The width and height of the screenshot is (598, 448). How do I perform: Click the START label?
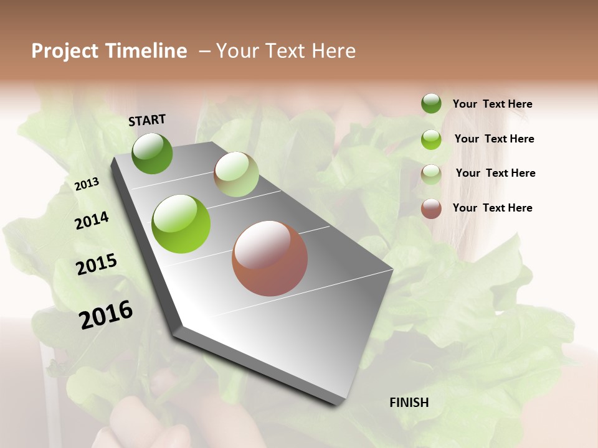[x=147, y=120]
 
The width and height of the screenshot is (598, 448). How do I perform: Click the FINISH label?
[x=409, y=403]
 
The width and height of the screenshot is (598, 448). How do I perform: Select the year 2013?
[x=87, y=184]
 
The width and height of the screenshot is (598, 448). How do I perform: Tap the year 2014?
[x=92, y=221]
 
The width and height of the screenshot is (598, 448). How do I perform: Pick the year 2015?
[x=97, y=264]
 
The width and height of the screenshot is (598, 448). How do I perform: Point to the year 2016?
[x=106, y=315]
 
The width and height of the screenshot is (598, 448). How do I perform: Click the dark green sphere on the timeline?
[x=153, y=153]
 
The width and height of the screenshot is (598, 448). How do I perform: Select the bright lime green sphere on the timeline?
[x=181, y=224]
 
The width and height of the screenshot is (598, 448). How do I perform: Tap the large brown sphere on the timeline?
[x=270, y=258]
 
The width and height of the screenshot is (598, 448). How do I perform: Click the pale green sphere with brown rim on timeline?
[x=236, y=174]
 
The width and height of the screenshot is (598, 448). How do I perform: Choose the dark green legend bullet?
[x=431, y=103]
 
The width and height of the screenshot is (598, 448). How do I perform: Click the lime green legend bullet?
[x=431, y=139]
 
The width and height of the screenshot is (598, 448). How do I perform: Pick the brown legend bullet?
[x=431, y=208]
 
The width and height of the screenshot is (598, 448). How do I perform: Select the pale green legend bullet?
[x=431, y=174]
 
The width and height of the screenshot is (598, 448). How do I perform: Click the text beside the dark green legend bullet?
[x=492, y=105]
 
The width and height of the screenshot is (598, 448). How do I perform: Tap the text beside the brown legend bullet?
[x=492, y=208]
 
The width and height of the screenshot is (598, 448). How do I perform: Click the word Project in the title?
[x=65, y=51]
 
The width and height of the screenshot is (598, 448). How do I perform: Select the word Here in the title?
[x=333, y=51]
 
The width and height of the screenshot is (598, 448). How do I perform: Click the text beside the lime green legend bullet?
[x=494, y=139]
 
